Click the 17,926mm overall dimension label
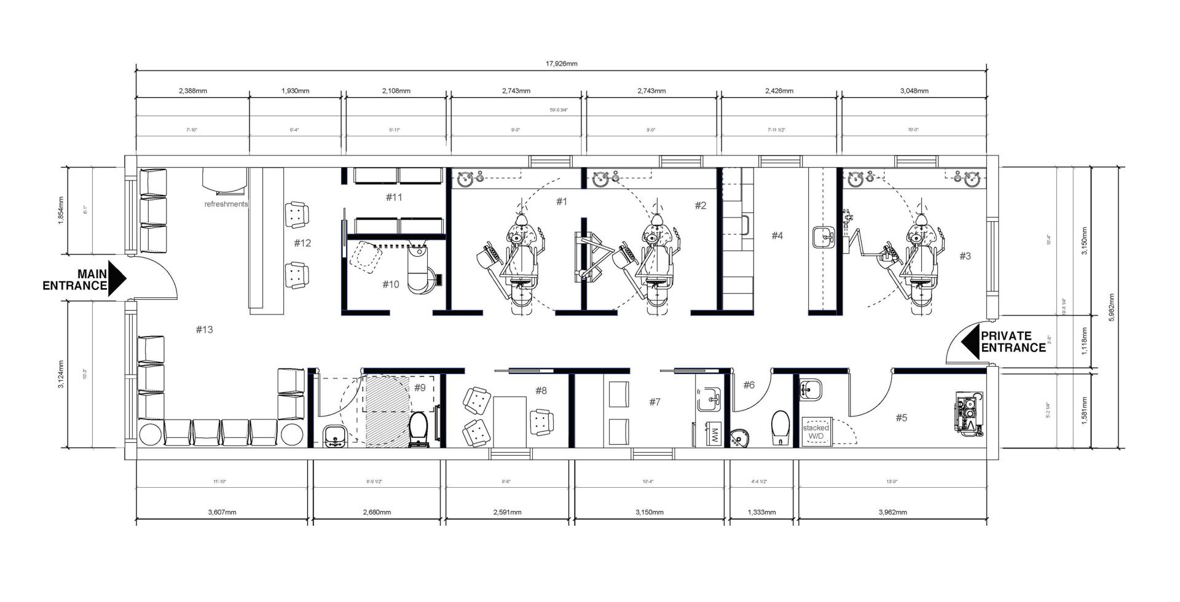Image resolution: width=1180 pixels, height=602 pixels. click(562, 64)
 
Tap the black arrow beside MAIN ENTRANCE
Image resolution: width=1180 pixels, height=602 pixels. click(117, 278)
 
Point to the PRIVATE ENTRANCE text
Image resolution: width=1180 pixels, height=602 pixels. click(1013, 342)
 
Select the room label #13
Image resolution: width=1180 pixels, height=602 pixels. click(204, 330)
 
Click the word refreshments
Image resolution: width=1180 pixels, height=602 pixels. click(226, 204)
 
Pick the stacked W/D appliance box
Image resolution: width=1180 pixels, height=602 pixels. click(816, 431)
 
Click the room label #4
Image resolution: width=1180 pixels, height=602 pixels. click(777, 235)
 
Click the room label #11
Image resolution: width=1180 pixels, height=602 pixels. click(394, 197)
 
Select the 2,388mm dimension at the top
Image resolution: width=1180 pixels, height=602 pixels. click(193, 91)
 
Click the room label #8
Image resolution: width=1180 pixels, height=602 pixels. click(541, 390)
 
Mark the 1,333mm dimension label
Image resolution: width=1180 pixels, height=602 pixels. click(761, 512)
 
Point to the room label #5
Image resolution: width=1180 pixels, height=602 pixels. click(901, 418)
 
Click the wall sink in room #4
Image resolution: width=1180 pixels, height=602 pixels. click(822, 236)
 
